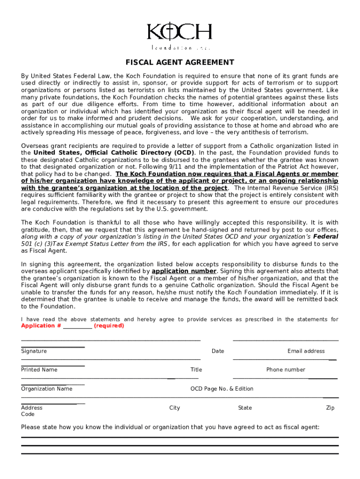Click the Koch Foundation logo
[180, 36]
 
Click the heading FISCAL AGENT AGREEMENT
[180, 63]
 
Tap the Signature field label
[34, 351]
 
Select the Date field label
[217, 351]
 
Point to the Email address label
[306, 351]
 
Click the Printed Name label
[39, 370]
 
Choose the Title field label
[196, 370]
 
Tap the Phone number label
[286, 370]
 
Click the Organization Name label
[47, 389]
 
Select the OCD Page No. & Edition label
[222, 389]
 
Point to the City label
[174, 408]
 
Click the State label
[245, 408]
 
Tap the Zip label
[330, 408]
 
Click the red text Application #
[41, 326]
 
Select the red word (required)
[109, 326]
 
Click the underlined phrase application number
[184, 271]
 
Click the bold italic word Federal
[326, 237]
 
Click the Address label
[32, 408]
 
